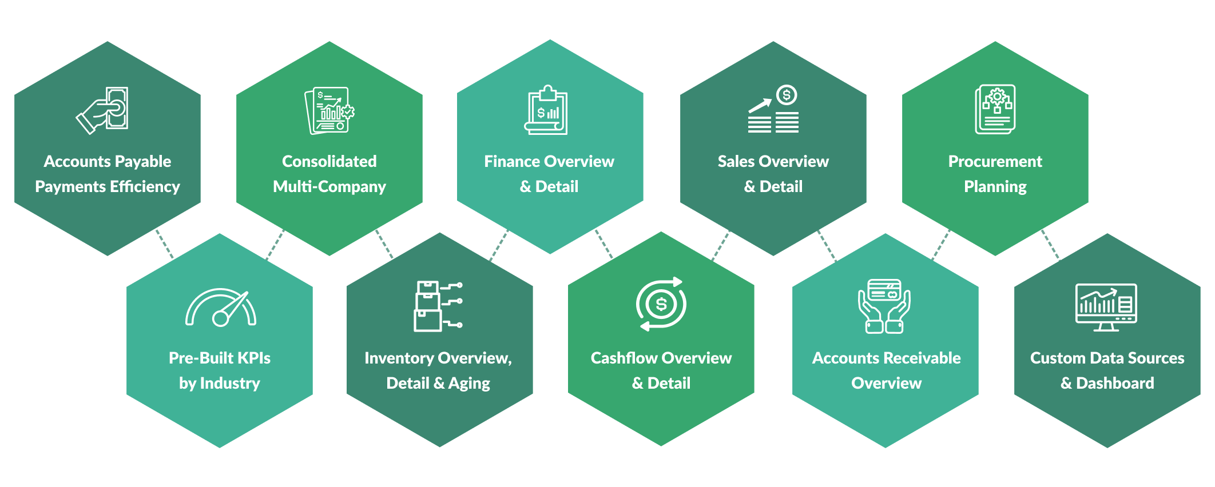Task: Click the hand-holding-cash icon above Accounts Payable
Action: (102, 110)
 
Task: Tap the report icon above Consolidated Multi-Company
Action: (329, 110)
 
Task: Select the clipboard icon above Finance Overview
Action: (546, 110)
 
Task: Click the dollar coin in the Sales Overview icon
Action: (787, 95)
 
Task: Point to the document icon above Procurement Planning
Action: (995, 109)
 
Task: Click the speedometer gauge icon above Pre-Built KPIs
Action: (220, 308)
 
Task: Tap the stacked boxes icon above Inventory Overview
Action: (438, 306)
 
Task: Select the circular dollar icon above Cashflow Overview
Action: (661, 304)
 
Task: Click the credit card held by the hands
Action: (884, 290)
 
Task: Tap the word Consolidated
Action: (329, 161)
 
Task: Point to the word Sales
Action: (736, 161)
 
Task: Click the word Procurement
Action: (995, 161)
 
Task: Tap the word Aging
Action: (469, 384)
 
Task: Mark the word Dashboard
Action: (1115, 383)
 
